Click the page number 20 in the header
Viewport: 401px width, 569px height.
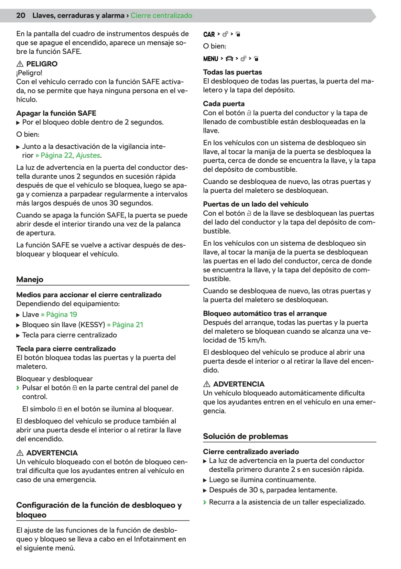21,15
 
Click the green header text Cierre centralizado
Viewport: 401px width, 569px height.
161,15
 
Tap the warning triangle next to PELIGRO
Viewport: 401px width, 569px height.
20,64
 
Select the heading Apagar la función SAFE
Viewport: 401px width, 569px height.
56,113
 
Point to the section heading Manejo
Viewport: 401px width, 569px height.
30,279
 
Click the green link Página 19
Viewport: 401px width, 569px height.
62,314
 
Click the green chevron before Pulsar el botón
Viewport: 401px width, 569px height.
18,388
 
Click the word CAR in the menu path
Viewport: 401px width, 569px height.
209,34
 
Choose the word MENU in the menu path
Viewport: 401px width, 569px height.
210,59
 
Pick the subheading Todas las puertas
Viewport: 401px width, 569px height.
232,72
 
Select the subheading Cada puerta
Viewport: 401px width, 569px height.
224,104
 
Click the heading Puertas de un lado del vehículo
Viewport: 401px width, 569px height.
256,204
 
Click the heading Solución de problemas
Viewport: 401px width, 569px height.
245,436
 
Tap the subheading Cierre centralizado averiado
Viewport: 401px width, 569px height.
251,452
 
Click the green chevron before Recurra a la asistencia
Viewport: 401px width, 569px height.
205,502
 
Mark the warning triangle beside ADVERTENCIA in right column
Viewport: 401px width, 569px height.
207,384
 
